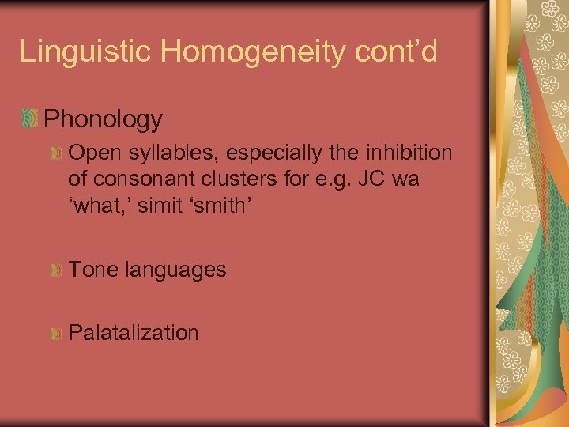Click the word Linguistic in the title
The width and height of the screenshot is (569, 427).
click(88, 51)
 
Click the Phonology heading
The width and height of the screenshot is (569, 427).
click(104, 119)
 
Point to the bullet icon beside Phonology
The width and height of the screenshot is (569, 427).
click(29, 119)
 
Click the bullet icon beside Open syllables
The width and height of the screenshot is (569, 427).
click(55, 153)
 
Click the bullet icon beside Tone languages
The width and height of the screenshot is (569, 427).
click(55, 270)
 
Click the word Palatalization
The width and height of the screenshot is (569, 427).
click(134, 332)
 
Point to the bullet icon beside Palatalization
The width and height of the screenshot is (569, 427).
click(55, 334)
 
